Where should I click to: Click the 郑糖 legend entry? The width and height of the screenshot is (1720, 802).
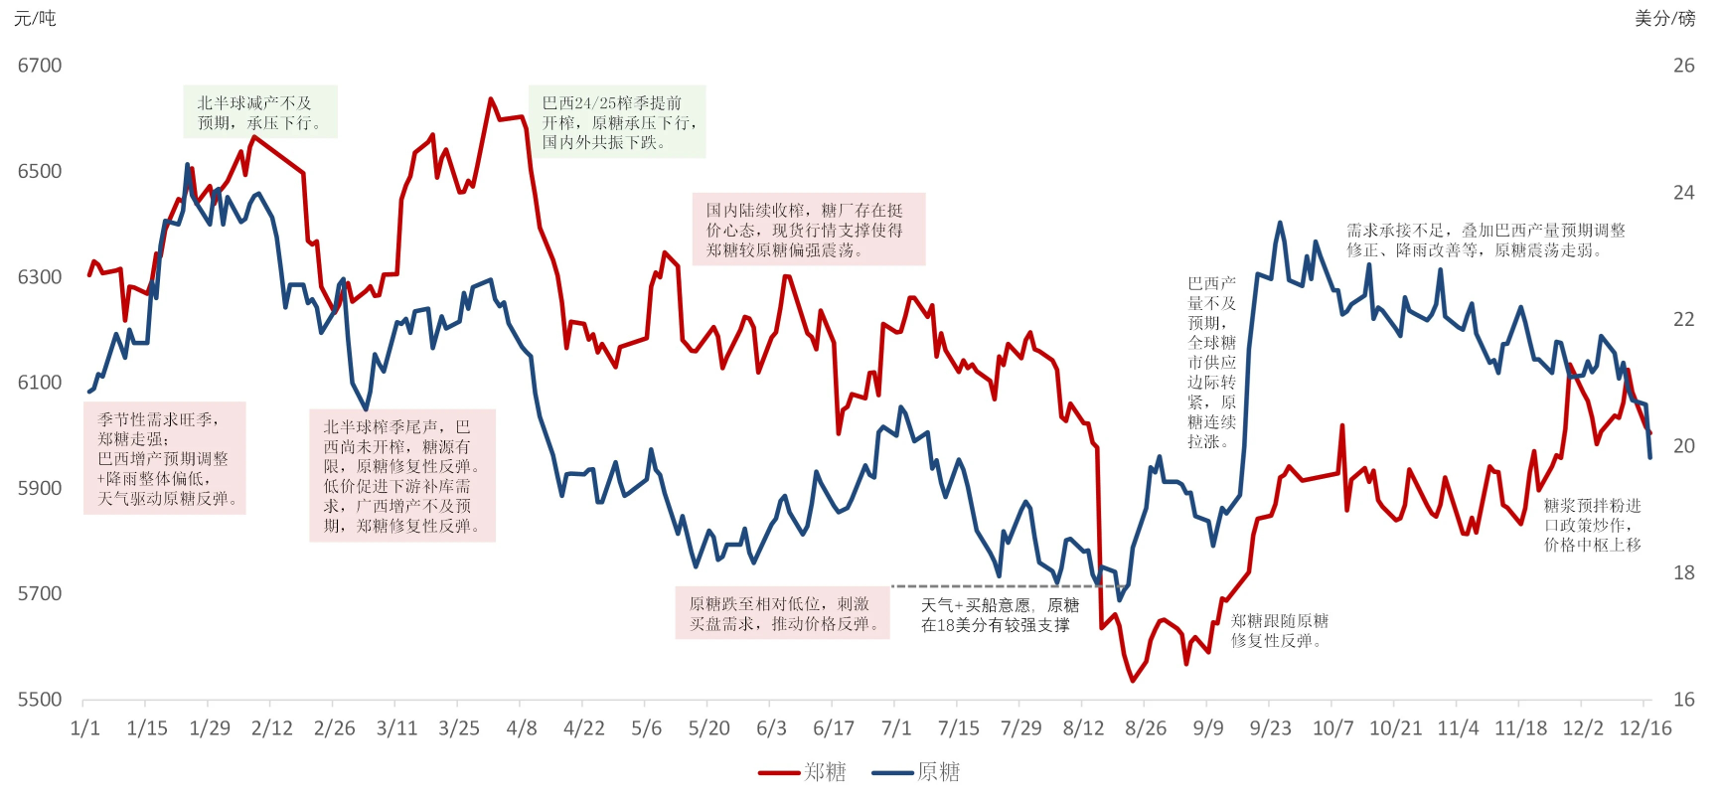(x=803, y=772)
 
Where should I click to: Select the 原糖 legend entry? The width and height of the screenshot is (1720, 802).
(x=916, y=772)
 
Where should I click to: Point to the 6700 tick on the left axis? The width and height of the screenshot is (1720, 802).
(x=40, y=66)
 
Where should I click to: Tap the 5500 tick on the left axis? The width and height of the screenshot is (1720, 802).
(x=40, y=700)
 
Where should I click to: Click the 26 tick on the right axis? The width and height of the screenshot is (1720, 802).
(x=1683, y=66)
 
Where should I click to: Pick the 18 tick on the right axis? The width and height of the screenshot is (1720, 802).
(x=1683, y=572)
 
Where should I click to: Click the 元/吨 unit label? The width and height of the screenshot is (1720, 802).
(x=35, y=18)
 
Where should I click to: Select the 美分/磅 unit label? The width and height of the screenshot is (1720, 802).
(x=1664, y=18)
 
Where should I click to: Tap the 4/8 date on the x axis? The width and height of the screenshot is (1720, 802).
(x=522, y=728)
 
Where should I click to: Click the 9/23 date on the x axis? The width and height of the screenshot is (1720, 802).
(x=1270, y=728)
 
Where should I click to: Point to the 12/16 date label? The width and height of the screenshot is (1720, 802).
(x=1645, y=728)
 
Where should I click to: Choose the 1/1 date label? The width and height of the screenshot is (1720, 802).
(x=85, y=728)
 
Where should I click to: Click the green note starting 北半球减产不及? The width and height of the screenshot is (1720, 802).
(x=260, y=112)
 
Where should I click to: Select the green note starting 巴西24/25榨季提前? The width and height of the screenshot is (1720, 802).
(x=617, y=122)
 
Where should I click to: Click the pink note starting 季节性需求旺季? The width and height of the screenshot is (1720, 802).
(x=165, y=458)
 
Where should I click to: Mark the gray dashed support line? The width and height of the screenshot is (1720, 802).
(x=994, y=586)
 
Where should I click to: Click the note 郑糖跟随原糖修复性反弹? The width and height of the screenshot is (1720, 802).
(x=1279, y=630)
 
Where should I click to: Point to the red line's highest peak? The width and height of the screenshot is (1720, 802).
(x=491, y=99)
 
